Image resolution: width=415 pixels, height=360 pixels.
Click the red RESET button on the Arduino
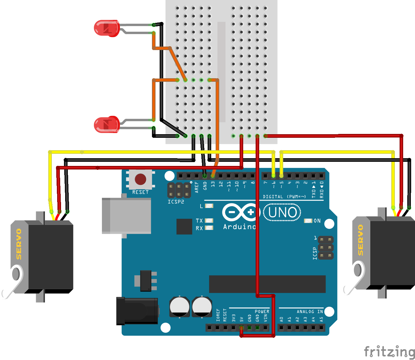(x=140, y=179)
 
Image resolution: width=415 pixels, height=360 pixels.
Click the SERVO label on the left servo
(x=19, y=244)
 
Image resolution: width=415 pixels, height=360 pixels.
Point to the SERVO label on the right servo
(x=360, y=240)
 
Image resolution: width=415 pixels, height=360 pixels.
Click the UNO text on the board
(x=282, y=212)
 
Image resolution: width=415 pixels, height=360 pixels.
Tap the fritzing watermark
(x=389, y=352)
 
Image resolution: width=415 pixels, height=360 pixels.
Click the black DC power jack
(x=137, y=311)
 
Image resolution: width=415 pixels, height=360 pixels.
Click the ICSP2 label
(x=176, y=202)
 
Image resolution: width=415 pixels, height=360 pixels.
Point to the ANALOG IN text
(x=310, y=312)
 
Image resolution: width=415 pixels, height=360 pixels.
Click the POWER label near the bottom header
(x=262, y=312)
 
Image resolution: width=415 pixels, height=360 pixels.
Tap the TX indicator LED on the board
(x=209, y=221)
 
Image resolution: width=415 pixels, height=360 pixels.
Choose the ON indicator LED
(x=308, y=221)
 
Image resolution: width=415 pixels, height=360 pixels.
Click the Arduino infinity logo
(x=240, y=212)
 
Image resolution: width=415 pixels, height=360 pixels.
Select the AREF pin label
(x=197, y=187)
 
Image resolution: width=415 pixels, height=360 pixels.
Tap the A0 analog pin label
(x=281, y=319)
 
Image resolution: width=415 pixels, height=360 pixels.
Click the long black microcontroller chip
(x=267, y=284)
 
